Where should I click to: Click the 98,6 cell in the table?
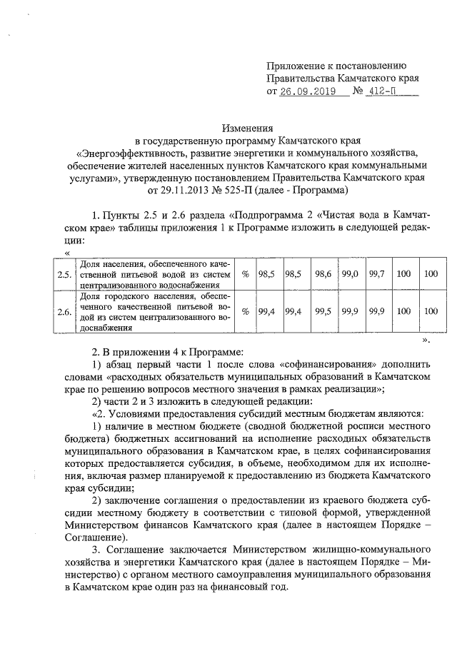[323, 273]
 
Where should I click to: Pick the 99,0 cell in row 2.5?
[350, 273]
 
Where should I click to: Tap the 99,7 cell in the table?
[376, 273]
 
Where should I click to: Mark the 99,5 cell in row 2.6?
[323, 311]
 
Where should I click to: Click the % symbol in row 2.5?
[245, 273]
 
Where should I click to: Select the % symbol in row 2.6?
[245, 311]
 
